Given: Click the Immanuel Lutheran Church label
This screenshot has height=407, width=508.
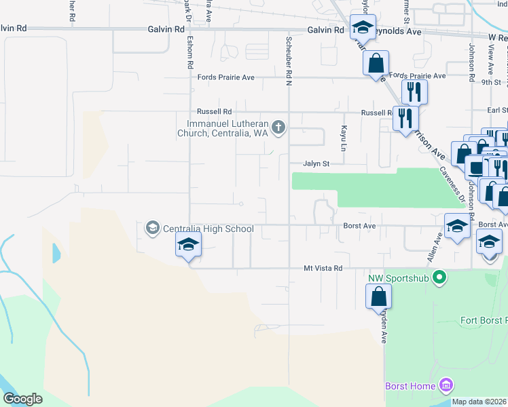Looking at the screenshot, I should (228, 128).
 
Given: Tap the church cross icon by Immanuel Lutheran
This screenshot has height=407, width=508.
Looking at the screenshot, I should (278, 127).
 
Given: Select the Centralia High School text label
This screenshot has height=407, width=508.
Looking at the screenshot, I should (208, 229).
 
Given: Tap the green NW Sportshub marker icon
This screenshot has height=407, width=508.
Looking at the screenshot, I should (439, 277).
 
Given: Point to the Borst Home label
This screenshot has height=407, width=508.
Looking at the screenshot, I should (410, 386).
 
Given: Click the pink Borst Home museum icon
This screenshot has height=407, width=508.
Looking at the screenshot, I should (446, 386).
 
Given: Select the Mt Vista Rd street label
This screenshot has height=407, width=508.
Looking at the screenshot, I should (323, 269).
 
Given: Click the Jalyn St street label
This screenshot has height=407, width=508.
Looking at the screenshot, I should (316, 163).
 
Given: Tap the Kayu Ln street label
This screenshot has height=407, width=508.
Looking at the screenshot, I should (344, 138).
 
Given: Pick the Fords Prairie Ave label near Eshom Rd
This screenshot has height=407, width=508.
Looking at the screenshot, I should (225, 77).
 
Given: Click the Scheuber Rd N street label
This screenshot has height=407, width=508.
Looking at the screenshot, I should (288, 54).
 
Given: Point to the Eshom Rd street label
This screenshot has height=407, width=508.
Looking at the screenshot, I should (191, 54).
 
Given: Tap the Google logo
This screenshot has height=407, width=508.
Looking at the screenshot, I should (22, 399).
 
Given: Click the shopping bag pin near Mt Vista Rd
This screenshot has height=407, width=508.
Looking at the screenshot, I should (378, 297).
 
